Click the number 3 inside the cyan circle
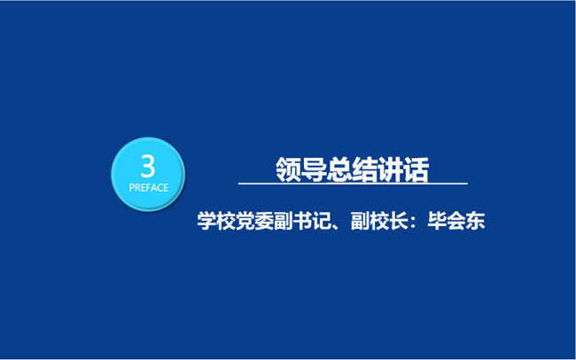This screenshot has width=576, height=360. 148,167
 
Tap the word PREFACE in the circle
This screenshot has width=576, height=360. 149,188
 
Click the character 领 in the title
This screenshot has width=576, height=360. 288,169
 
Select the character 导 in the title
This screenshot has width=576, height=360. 314,169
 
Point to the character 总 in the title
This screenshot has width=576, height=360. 339,169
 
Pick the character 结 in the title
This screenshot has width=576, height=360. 365,169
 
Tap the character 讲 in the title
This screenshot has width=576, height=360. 391,169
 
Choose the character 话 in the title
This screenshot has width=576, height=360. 416,169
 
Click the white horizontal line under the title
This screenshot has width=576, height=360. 353,184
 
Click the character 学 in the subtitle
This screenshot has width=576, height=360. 206,221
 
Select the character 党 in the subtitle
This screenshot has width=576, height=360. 245,221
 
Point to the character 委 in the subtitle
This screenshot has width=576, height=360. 264,221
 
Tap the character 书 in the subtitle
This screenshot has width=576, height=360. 302,221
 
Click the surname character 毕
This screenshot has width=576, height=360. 437,221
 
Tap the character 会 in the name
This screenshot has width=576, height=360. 456,221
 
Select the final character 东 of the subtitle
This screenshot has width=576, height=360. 475,221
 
